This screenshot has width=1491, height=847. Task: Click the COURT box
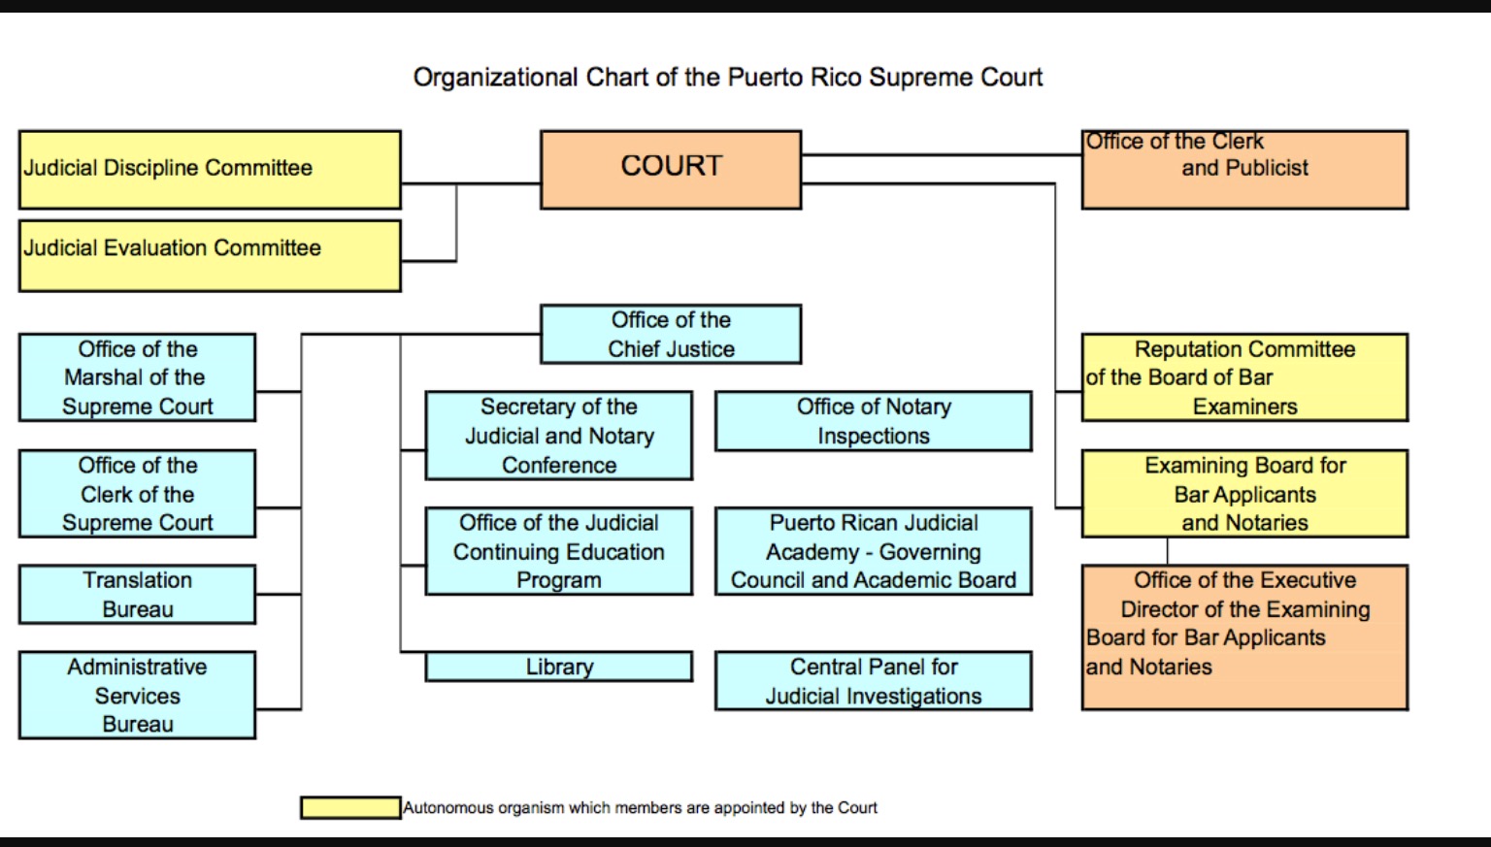pos(671,169)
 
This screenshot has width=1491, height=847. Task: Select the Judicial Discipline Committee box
pos(210,169)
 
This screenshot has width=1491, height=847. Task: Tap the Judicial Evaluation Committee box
pos(210,255)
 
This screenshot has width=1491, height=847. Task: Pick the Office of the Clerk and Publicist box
pos(1244,169)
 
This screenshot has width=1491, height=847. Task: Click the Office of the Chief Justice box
pos(671,334)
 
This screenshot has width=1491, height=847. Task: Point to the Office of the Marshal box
pos(137,377)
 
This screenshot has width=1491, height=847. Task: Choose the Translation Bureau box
pos(137,594)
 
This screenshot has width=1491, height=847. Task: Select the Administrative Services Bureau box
pos(137,695)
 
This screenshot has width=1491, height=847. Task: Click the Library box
pos(559,667)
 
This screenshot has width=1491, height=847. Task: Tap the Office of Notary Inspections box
pos(873,421)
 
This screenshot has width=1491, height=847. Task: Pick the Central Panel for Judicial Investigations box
pos(873,681)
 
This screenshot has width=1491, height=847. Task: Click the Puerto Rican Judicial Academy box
pos(873,551)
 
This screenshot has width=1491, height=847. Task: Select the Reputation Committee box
pos(1244,377)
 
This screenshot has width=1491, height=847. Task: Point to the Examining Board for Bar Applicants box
pos(1244,493)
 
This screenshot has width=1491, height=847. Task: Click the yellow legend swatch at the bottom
pos(350,807)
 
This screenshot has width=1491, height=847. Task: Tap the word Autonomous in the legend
pos(448,807)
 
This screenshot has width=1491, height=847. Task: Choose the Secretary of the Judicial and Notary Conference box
pos(559,436)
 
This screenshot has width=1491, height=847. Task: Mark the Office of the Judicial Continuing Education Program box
pos(559,551)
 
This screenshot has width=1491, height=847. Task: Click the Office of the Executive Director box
pos(1244,637)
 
